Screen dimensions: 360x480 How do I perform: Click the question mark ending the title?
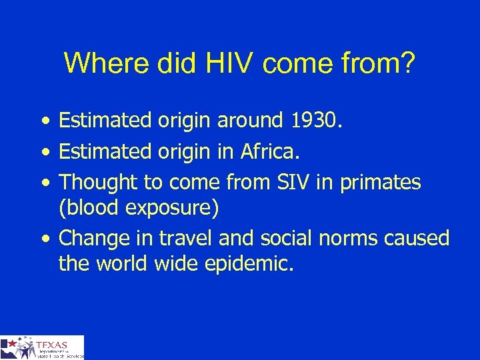pos(406,64)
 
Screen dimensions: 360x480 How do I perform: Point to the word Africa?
pos(271,151)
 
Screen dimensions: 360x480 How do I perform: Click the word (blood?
pos(87,208)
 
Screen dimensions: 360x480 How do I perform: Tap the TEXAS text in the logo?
pos(53,345)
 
